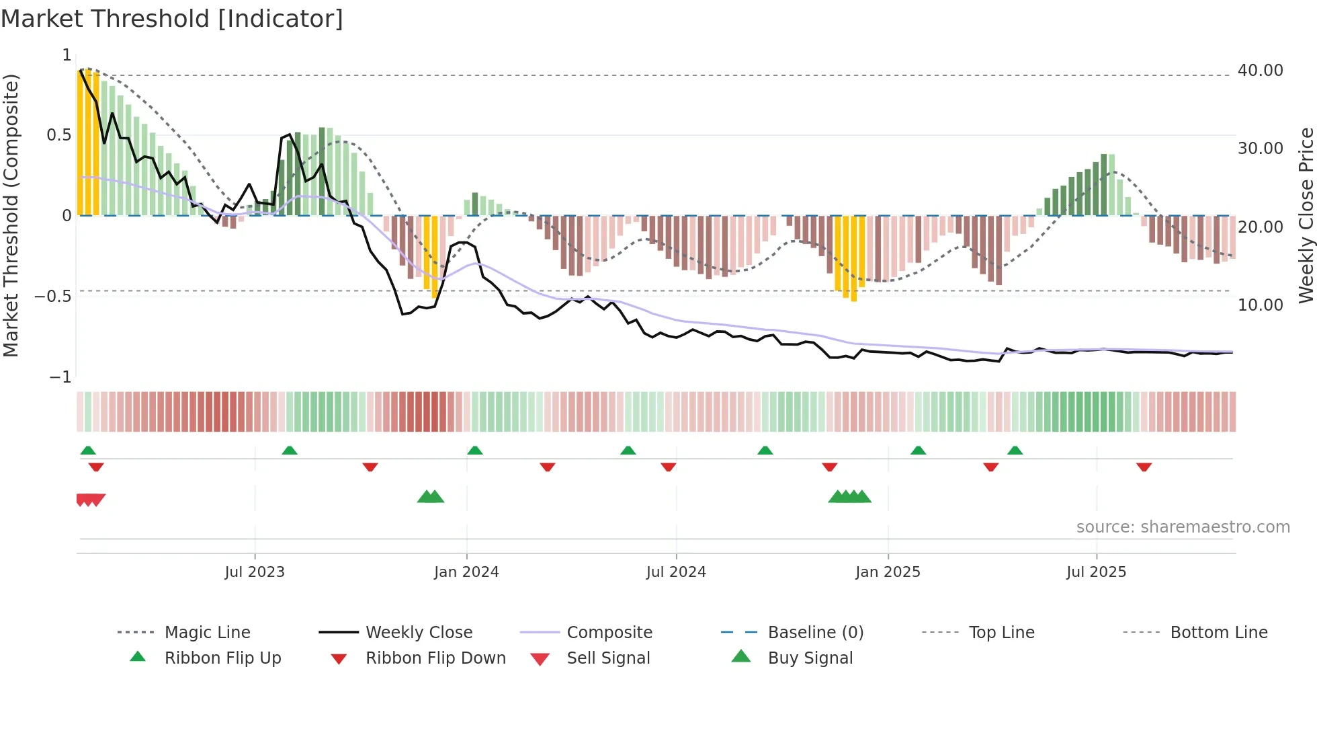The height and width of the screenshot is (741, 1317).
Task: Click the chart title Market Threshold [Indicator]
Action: pyautogui.click(x=172, y=19)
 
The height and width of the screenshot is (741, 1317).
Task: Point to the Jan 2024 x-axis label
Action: pyautogui.click(x=466, y=572)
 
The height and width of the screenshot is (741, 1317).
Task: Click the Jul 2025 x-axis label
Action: pyautogui.click(x=1096, y=572)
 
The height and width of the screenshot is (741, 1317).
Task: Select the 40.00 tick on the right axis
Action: pyautogui.click(x=1260, y=71)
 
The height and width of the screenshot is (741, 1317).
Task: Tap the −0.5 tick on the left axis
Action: pyautogui.click(x=53, y=297)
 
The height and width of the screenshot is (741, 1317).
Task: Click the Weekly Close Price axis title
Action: pyautogui.click(x=1306, y=215)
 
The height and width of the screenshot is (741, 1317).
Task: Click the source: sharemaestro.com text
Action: pyautogui.click(x=1183, y=527)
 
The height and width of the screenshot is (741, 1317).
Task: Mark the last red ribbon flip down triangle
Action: pyautogui.click(x=1144, y=467)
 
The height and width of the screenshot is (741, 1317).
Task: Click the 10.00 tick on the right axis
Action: pyautogui.click(x=1260, y=305)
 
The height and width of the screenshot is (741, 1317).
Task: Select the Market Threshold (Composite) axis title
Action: pyautogui.click(x=11, y=215)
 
